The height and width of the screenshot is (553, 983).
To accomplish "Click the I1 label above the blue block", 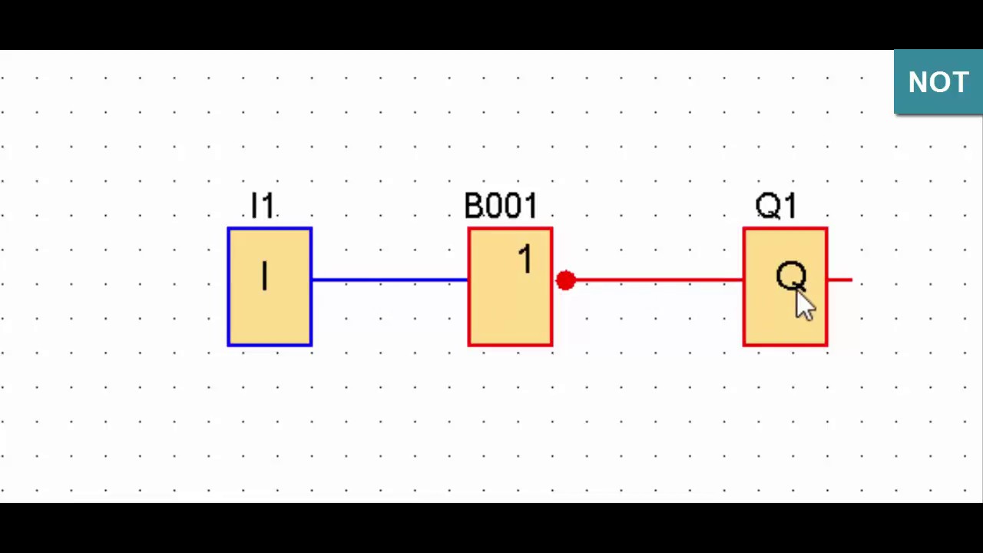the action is click(x=263, y=205).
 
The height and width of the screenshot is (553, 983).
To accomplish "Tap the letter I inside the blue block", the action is click(x=264, y=276).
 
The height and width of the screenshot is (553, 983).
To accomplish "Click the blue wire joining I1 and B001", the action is click(x=390, y=280).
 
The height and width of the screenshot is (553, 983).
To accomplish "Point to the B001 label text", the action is click(x=501, y=205).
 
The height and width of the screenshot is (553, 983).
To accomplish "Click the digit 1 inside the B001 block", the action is click(x=526, y=259).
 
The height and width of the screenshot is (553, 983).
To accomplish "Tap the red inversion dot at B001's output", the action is click(x=566, y=280).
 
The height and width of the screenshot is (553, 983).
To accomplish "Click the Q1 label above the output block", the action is click(x=776, y=205).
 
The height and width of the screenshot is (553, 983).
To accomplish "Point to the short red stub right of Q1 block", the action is click(x=840, y=280).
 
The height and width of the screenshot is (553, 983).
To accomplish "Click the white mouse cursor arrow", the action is click(x=805, y=305).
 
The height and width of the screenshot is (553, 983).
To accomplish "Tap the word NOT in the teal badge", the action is click(x=938, y=82).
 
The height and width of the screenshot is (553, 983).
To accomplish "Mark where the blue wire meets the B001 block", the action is click(x=468, y=280).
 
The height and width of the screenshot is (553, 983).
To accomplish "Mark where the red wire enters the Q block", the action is click(x=743, y=280).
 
